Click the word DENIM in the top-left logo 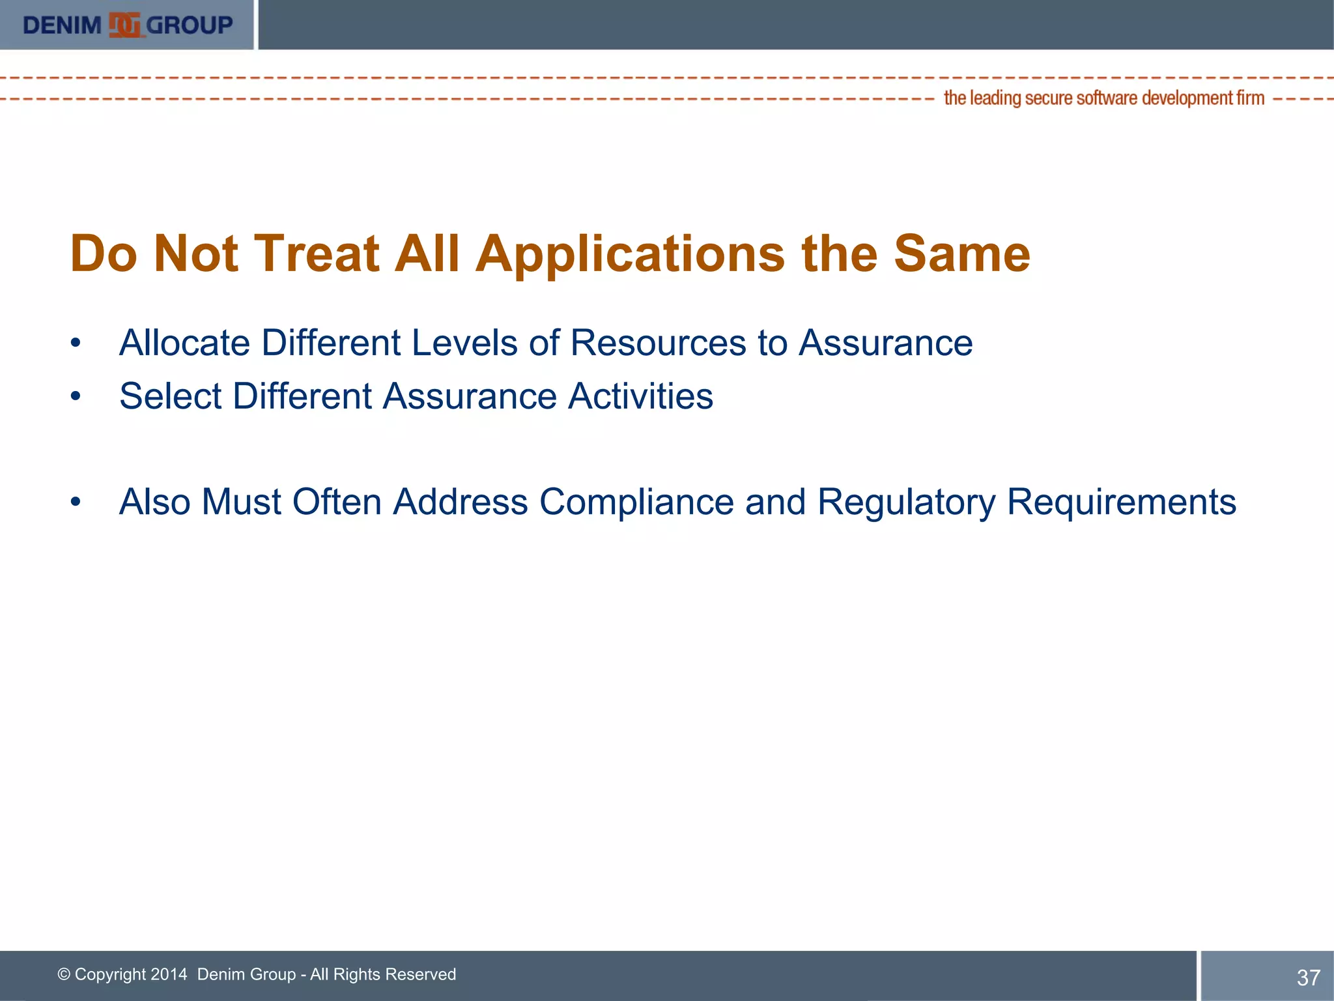(x=62, y=25)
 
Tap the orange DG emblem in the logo (x=124, y=25)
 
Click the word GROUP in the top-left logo (x=190, y=25)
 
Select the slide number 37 (x=1308, y=978)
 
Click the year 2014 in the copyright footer (x=168, y=974)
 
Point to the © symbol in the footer (x=64, y=974)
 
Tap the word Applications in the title (x=630, y=254)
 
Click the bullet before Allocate (x=76, y=343)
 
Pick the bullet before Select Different (x=76, y=396)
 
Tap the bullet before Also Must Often (x=76, y=502)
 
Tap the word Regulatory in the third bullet (x=906, y=502)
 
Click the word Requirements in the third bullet (x=1121, y=502)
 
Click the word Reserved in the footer (x=421, y=974)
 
